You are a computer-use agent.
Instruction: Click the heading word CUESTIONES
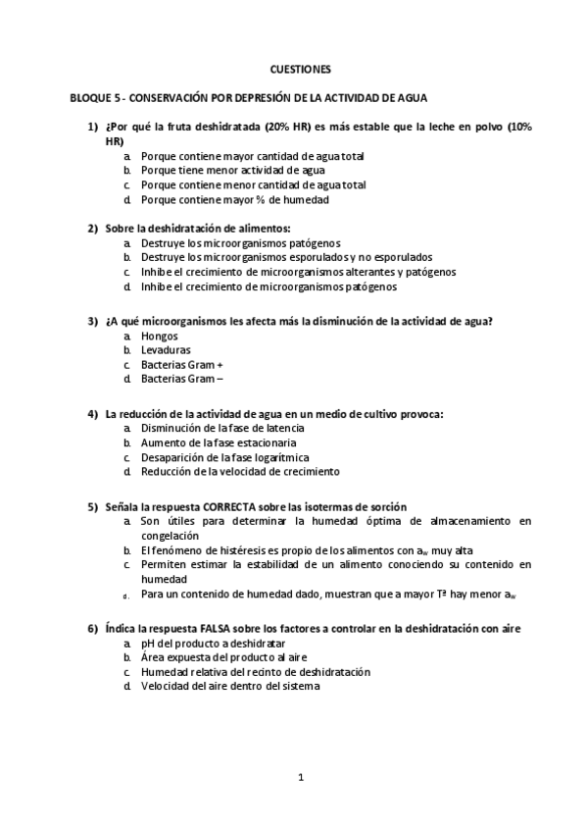pyautogui.click(x=300, y=70)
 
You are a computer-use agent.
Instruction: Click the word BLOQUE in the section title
pyautogui.click(x=89, y=98)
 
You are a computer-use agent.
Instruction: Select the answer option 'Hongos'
pyautogui.click(x=160, y=336)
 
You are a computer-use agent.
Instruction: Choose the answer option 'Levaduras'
pyautogui.click(x=166, y=349)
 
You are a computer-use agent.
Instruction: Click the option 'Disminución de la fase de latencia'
pyautogui.click(x=222, y=429)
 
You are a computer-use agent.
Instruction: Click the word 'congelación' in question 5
pyautogui.click(x=170, y=537)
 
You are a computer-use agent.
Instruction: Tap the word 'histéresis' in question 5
pyautogui.click(x=239, y=551)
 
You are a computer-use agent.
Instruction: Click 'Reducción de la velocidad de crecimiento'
pyautogui.click(x=239, y=471)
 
